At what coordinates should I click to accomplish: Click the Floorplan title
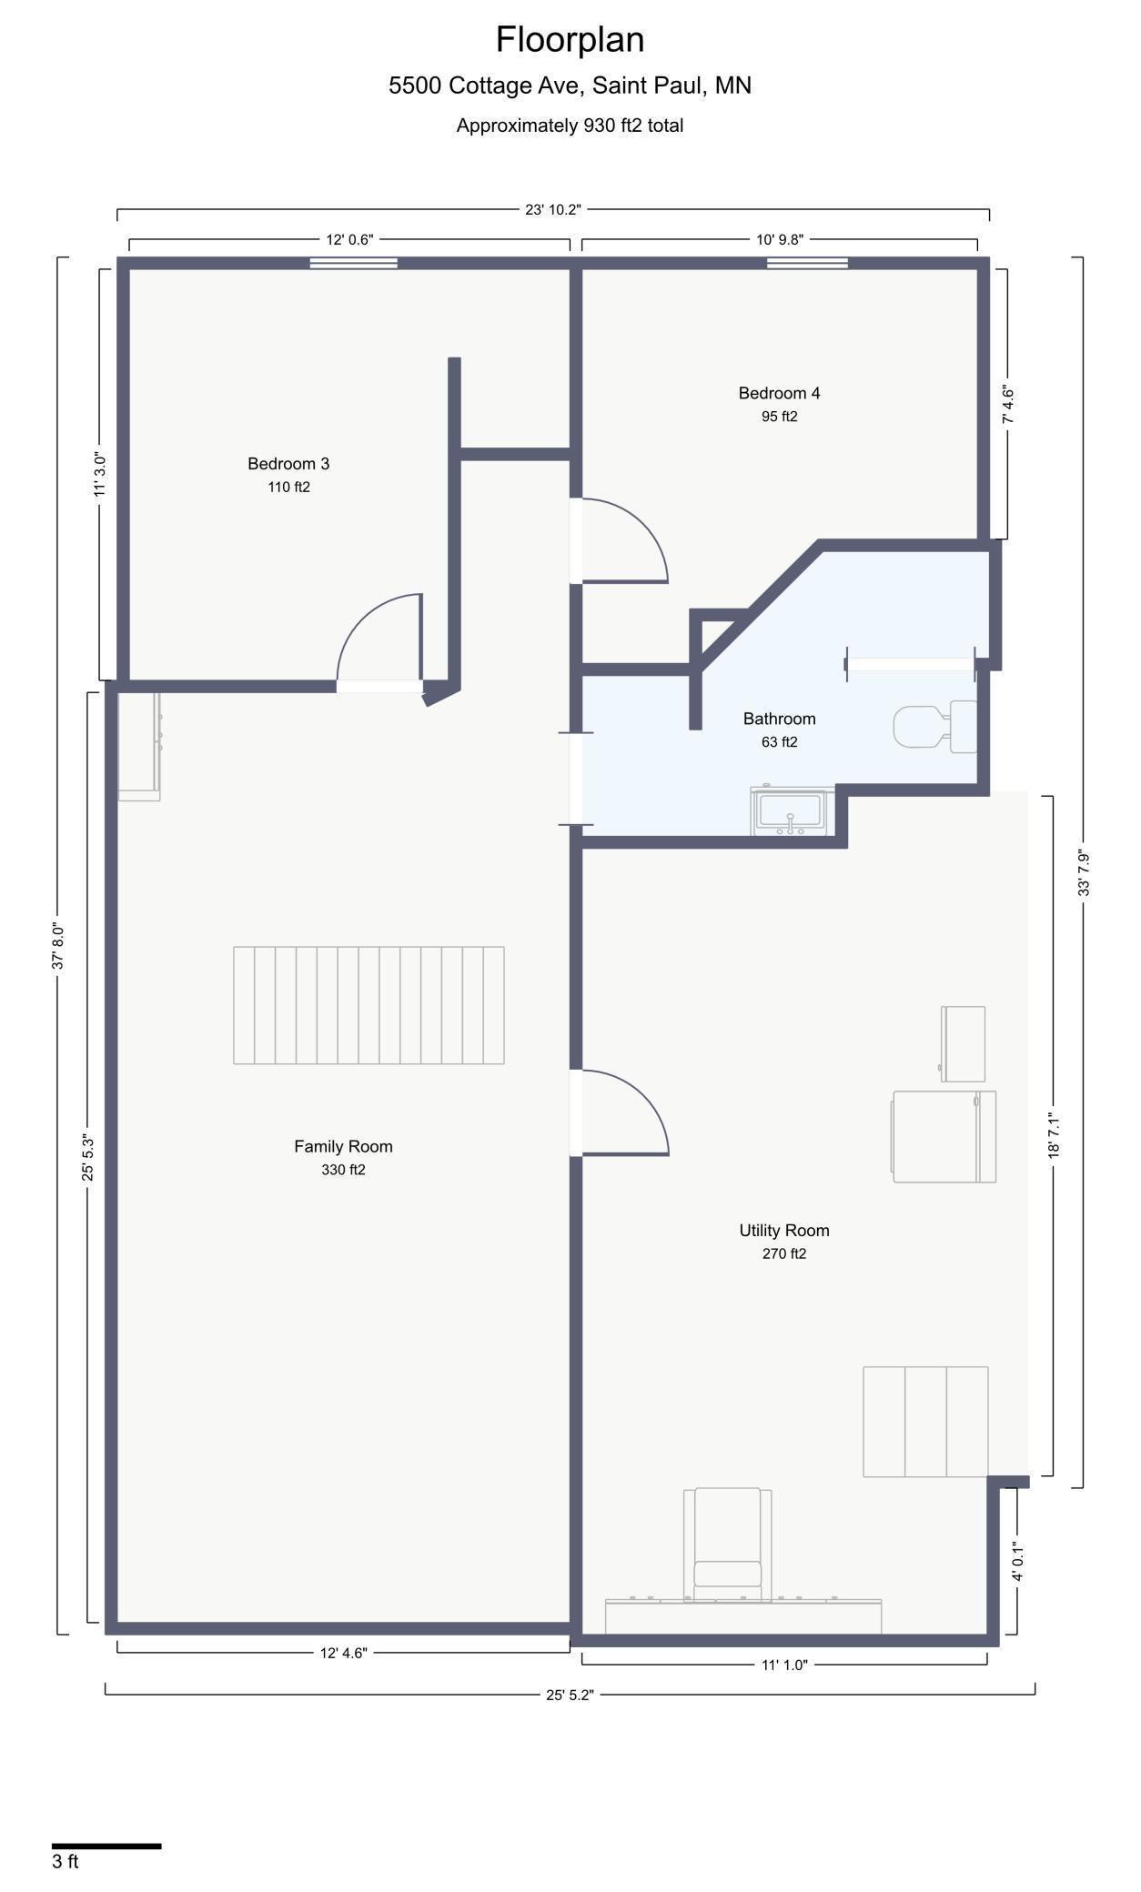[x=570, y=40]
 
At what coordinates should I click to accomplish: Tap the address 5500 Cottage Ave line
[x=570, y=86]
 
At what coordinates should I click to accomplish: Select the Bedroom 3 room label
[x=288, y=464]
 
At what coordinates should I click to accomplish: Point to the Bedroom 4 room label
[x=779, y=393]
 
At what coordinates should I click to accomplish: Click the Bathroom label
[x=779, y=719]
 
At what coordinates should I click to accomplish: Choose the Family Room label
[x=343, y=1146]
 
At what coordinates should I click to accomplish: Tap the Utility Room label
[x=784, y=1231]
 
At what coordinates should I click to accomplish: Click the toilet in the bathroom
[x=935, y=726]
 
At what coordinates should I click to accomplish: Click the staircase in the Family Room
[x=369, y=1005]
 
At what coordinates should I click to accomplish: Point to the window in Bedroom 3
[x=354, y=263]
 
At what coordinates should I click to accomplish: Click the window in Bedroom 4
[x=807, y=263]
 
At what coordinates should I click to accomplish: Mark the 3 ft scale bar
[x=106, y=1846]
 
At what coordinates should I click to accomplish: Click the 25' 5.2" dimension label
[x=570, y=1695]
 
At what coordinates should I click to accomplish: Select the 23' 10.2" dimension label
[x=552, y=209]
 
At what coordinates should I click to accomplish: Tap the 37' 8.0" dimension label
[x=58, y=946]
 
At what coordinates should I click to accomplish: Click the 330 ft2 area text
[x=343, y=1170]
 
